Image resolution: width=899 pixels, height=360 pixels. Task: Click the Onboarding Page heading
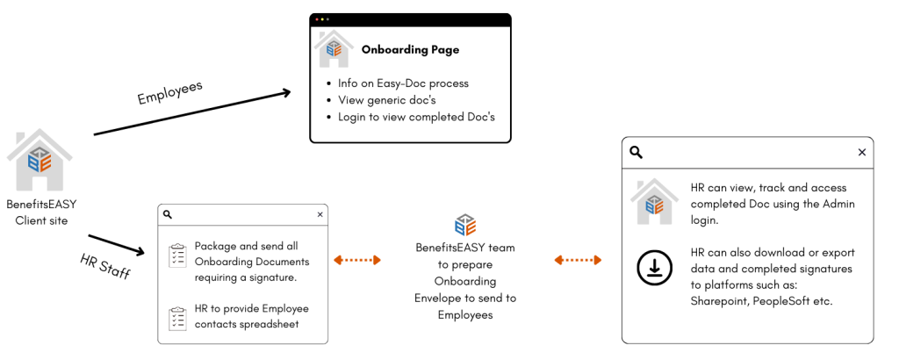[x=410, y=50]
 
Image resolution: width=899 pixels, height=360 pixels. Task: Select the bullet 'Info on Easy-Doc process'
[x=403, y=83]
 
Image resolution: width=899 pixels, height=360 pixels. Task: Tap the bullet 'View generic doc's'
[x=387, y=100]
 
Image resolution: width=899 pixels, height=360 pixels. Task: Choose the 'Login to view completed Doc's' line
[x=422, y=116]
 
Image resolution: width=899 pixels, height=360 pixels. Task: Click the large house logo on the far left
[x=40, y=159]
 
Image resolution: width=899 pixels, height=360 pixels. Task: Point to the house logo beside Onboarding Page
[x=334, y=50]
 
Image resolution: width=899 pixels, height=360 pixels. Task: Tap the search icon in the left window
[x=169, y=214]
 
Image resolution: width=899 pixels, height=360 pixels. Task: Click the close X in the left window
[x=320, y=214]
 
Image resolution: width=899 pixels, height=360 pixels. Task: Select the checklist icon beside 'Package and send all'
[x=177, y=255]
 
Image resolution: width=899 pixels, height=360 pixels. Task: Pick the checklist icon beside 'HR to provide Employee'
[x=177, y=317]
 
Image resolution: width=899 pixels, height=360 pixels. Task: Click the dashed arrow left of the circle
[x=357, y=260]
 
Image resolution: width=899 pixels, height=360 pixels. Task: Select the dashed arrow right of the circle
[x=578, y=260]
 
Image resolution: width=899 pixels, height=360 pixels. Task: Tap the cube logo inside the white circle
[x=465, y=224]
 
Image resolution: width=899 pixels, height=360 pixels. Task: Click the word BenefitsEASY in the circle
[x=448, y=248]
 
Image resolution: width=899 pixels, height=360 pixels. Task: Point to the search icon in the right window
[x=635, y=153]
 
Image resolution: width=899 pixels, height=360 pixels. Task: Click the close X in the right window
[x=861, y=153]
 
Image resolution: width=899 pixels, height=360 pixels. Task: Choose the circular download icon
[x=654, y=268]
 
